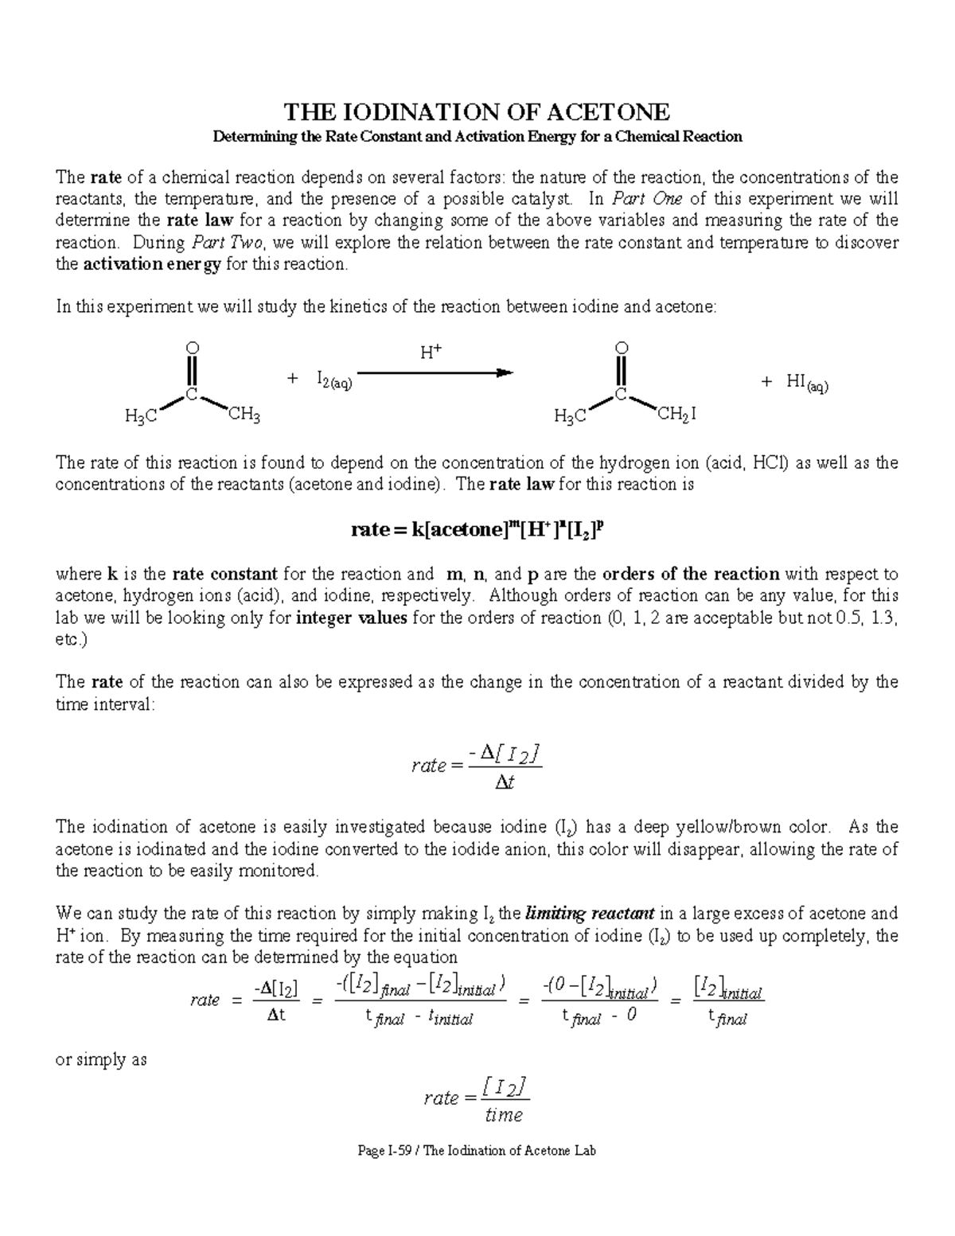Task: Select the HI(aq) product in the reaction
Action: tap(806, 382)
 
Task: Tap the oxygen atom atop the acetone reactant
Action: tap(191, 348)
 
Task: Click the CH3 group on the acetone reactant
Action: tap(244, 414)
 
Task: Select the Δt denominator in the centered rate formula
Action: tap(505, 783)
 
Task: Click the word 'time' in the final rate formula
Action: tap(503, 1115)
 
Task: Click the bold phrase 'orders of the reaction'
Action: tap(692, 574)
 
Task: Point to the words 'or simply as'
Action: tap(100, 1060)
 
